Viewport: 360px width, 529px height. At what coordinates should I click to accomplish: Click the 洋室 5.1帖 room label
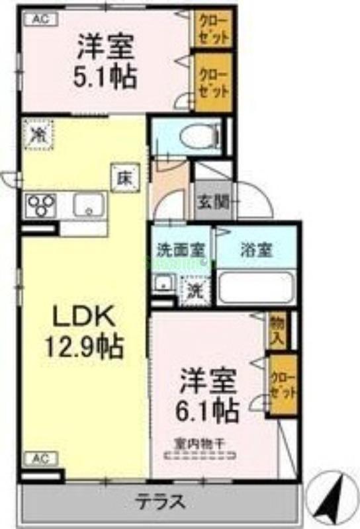[107, 62]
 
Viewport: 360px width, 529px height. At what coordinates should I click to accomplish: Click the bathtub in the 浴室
[255, 287]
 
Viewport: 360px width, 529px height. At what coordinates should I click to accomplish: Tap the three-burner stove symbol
[41, 206]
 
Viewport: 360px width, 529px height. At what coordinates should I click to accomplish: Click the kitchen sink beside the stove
[85, 206]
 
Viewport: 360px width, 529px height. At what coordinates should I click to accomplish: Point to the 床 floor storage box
[124, 177]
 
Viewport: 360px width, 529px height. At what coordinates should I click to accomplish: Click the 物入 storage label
[277, 330]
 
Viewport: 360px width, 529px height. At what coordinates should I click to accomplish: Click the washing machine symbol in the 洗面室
[195, 288]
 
